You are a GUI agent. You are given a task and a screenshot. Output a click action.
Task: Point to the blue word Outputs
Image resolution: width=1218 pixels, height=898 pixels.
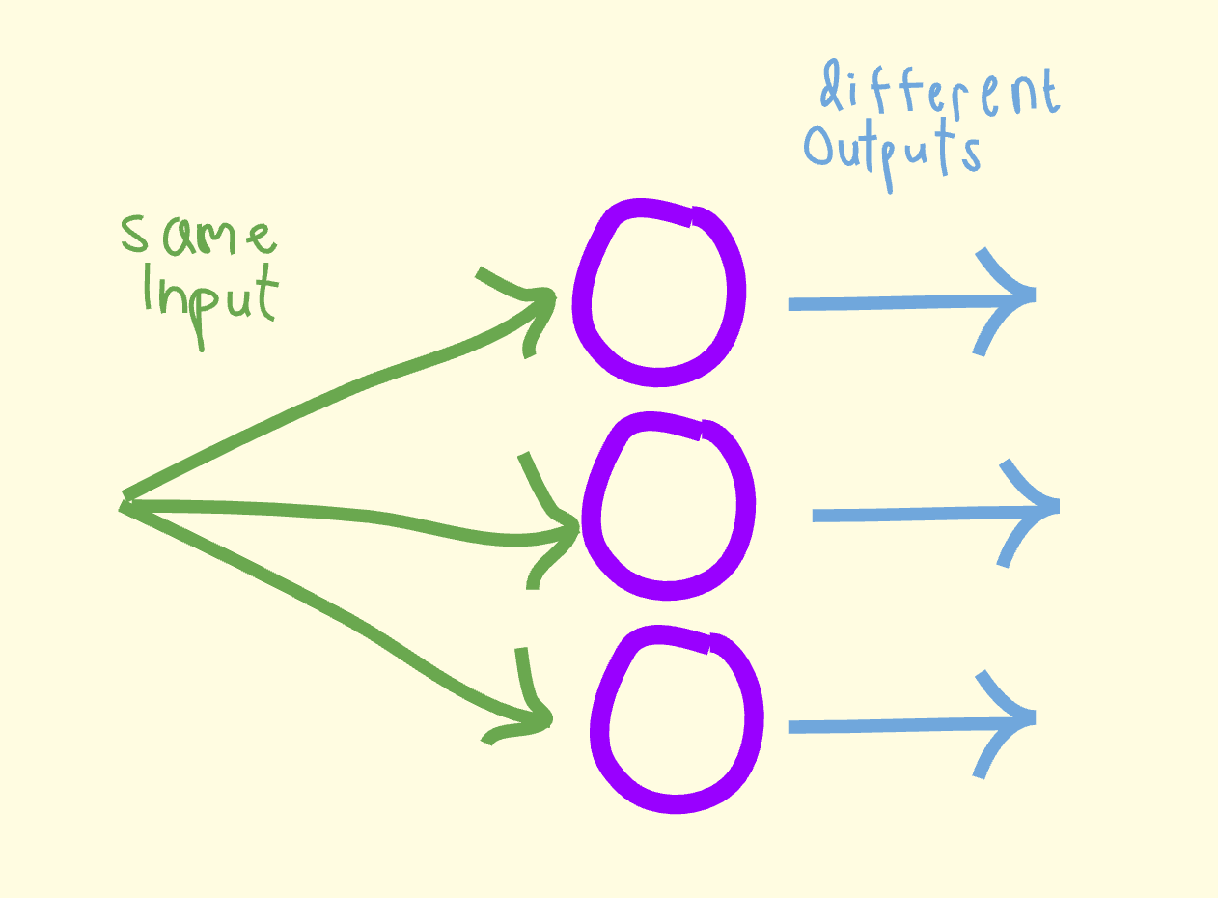pyautogui.click(x=893, y=150)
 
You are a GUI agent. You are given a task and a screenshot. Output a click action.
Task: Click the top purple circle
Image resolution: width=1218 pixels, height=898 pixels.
pyautogui.click(x=658, y=295)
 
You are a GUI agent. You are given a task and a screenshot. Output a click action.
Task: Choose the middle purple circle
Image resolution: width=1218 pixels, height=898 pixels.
pyautogui.click(x=668, y=505)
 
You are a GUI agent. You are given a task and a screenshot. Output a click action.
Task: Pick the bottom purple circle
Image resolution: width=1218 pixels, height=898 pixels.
pyautogui.click(x=676, y=719)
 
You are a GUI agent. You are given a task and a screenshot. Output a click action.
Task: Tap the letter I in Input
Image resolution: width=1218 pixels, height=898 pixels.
pyautogui.click(x=148, y=286)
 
